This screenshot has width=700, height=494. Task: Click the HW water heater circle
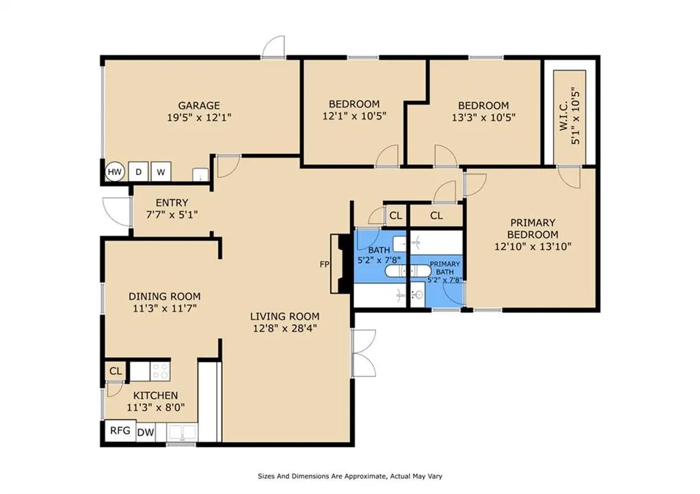coord(115,171)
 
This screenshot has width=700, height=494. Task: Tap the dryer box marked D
coord(138,171)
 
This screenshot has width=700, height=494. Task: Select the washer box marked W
coord(161,171)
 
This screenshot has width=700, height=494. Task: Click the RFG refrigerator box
coord(120,430)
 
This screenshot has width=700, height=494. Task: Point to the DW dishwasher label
coord(146,432)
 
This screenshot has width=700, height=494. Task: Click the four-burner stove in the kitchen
coord(161,371)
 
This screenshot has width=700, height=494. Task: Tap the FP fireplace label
coord(325,264)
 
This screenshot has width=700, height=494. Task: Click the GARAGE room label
coord(199,105)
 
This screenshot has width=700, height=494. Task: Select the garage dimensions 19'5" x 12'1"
coord(199,118)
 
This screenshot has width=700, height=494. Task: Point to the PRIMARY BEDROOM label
coord(533,228)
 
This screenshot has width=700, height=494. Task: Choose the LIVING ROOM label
coord(285,316)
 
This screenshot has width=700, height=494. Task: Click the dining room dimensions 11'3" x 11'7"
coord(165,308)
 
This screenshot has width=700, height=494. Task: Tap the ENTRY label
coord(172,203)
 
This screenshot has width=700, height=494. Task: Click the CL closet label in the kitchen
coord(116,371)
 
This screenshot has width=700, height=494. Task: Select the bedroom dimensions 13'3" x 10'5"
coord(483,118)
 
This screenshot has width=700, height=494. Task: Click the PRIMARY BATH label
coord(444,268)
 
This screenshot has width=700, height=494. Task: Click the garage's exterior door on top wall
coord(273,47)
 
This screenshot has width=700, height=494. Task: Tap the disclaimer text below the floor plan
coord(350,476)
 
